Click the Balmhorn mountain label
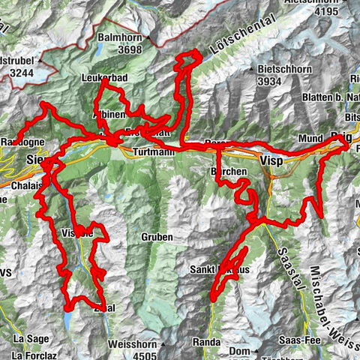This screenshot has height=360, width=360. tap(121, 37)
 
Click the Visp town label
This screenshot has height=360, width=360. tap(271, 160)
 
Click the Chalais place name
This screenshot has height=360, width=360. tap(25, 186)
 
